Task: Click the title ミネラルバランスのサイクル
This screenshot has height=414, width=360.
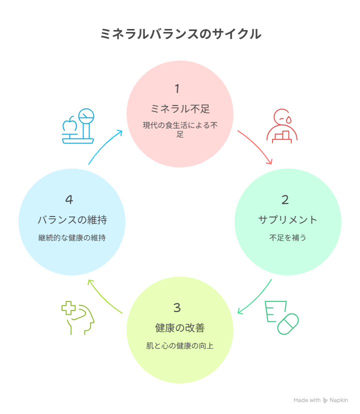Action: click(x=180, y=34)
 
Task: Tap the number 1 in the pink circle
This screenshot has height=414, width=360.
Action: click(x=177, y=89)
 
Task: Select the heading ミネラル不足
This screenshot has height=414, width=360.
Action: click(x=180, y=108)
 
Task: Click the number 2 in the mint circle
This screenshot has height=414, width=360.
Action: click(x=285, y=200)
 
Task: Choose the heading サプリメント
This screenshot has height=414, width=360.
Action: click(x=288, y=219)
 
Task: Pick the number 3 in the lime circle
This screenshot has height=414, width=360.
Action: click(x=177, y=307)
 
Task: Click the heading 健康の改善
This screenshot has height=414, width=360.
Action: click(x=180, y=328)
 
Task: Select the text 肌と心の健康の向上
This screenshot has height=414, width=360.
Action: click(x=180, y=346)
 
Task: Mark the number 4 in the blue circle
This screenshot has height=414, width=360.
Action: click(x=69, y=199)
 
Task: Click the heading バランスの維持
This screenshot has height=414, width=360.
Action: click(x=72, y=219)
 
